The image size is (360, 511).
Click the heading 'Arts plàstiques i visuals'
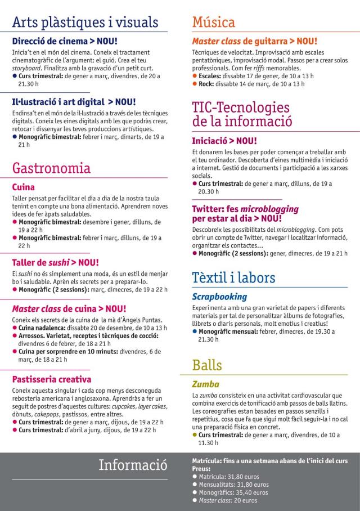85,23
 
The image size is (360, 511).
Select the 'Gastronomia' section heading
51,168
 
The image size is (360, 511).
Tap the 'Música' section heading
213,23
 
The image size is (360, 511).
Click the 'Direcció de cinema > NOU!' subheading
65,41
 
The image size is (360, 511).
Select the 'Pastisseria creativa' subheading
52,379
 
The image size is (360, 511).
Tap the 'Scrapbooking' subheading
219,297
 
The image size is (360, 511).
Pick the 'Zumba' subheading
205,384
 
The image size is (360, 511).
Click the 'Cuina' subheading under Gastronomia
24,187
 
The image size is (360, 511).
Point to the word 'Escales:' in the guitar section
210,75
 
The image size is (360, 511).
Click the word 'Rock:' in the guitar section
206,84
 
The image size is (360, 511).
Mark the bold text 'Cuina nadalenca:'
42,328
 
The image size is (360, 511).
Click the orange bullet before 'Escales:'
195,75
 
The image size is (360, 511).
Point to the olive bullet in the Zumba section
195,435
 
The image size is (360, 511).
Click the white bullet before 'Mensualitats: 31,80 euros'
195,484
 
